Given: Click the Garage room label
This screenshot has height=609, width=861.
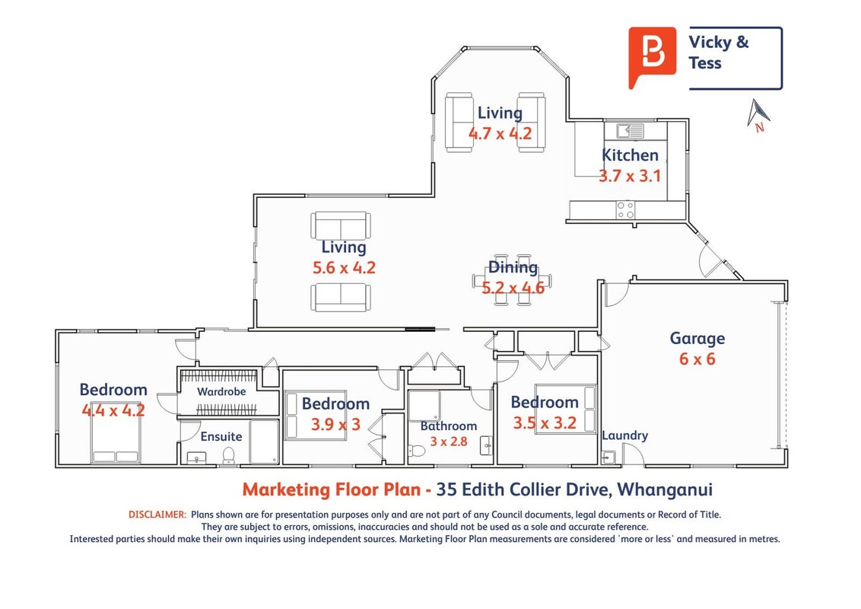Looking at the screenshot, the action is tap(697, 339).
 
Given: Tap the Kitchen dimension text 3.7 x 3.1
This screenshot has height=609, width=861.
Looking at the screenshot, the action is tap(629, 176).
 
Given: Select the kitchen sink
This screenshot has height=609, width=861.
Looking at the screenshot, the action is tap(630, 131).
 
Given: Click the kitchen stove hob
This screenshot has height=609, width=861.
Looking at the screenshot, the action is tap(625, 209).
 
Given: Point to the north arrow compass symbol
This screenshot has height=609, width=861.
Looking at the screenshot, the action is tap(758, 116).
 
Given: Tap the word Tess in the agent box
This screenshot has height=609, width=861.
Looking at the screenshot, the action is tap(705, 63).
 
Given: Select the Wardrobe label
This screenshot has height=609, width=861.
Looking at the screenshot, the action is tap(221, 391).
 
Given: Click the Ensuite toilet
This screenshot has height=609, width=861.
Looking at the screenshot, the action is tap(228, 455).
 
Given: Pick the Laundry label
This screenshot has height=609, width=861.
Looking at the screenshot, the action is tap(625, 436).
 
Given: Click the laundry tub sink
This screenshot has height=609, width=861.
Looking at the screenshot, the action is tap(608, 458).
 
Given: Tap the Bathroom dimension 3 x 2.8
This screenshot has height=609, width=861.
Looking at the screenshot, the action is tap(449, 442).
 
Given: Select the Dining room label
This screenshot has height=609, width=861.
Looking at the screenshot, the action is tap(513, 268).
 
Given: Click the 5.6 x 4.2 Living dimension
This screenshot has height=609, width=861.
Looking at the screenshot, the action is tap(345, 268).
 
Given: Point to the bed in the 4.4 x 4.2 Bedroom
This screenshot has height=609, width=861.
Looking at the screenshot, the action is tap(116, 440).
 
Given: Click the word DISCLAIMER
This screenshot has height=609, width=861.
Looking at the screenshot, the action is tap(157, 515).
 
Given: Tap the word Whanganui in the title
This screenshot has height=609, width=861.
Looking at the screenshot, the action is tap(665, 489).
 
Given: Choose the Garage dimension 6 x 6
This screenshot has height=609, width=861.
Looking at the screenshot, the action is tap(697, 359).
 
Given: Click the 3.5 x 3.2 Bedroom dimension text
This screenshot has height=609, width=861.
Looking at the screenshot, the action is tap(545, 422).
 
